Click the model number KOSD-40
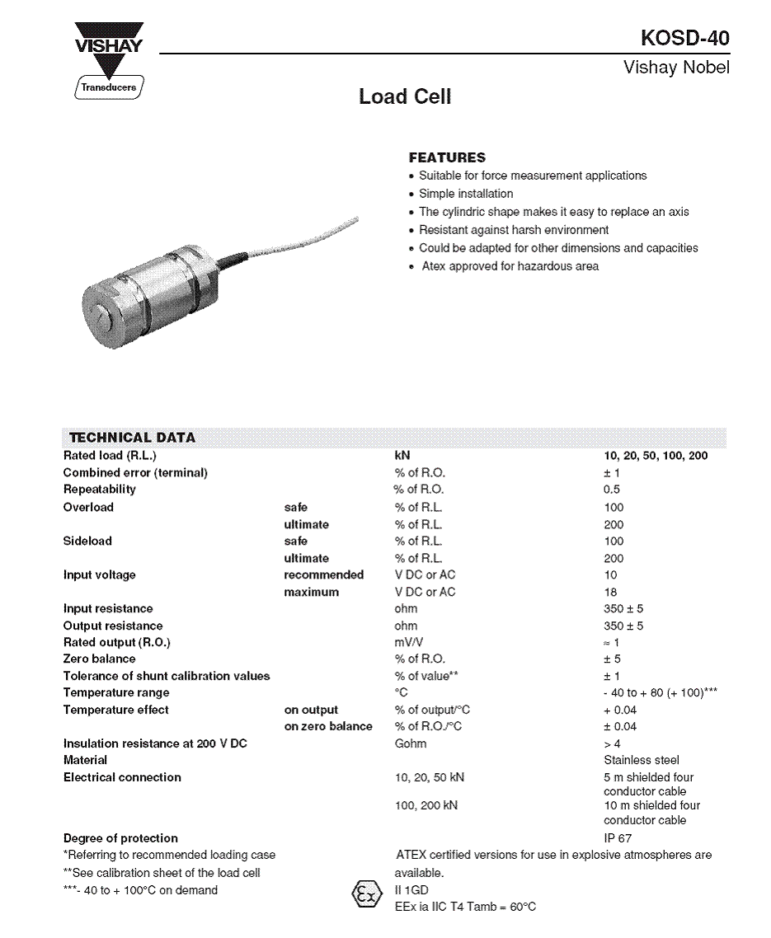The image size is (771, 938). [684, 39]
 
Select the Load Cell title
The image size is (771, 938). [405, 97]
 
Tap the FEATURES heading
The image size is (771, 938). [447, 157]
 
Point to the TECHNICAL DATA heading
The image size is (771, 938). [132, 438]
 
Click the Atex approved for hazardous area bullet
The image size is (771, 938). [510, 266]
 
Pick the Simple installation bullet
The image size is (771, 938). [465, 194]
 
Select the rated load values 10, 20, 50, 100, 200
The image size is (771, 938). [656, 456]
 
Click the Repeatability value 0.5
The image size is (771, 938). [612, 490]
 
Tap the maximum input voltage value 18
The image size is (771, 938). [610, 592]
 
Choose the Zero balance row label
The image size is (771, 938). [99, 659]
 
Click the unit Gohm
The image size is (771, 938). [411, 743]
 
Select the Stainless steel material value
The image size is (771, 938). [642, 760]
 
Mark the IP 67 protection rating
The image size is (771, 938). [618, 838]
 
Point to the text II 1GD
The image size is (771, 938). [412, 890]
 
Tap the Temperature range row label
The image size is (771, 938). [116, 693]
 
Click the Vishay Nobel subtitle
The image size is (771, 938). [676, 68]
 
